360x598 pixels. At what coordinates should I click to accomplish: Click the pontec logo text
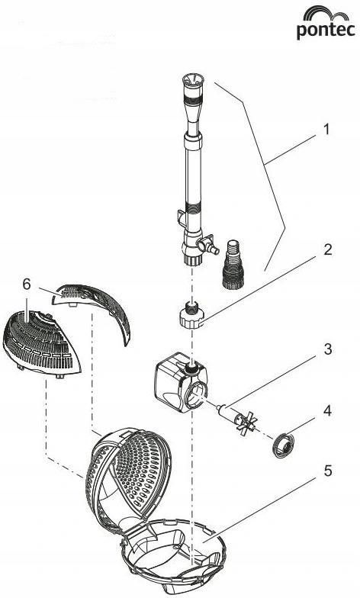pyautogui.click(x=326, y=31)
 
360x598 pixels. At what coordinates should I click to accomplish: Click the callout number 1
pyautogui.click(x=326, y=130)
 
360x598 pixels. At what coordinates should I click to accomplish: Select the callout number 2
pyautogui.click(x=328, y=250)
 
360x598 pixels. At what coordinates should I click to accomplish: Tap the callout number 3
pyautogui.click(x=328, y=349)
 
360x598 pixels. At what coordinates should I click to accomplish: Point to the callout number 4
pyautogui.click(x=327, y=410)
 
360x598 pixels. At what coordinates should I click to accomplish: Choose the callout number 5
pyautogui.click(x=328, y=471)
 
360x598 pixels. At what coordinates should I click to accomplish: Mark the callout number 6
pyautogui.click(x=26, y=284)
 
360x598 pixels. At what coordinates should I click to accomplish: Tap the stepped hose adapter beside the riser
pyautogui.click(x=233, y=264)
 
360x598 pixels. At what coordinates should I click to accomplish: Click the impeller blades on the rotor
pyautogui.click(x=246, y=423)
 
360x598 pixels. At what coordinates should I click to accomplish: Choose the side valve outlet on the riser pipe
pyautogui.click(x=208, y=244)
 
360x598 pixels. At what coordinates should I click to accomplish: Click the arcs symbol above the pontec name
pyautogui.click(x=326, y=14)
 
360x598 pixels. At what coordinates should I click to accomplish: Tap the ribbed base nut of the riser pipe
pyautogui.click(x=192, y=261)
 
